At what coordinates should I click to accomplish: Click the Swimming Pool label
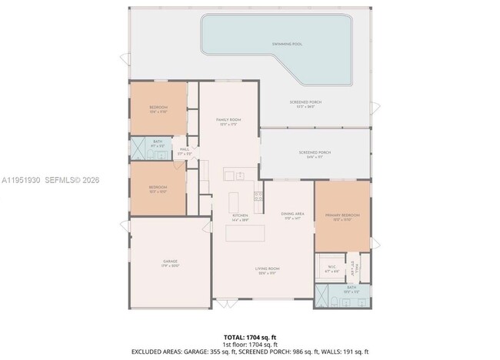286,45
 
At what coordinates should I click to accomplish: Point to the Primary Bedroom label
342,216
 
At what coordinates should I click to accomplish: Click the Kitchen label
239,217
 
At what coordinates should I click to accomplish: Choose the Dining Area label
290,215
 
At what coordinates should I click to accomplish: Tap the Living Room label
267,269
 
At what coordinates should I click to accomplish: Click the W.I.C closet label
332,268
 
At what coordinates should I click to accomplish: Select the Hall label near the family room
185,151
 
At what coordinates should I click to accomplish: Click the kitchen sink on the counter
239,176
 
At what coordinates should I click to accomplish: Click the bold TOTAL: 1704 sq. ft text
250,338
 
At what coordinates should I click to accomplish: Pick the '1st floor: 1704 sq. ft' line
250,345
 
